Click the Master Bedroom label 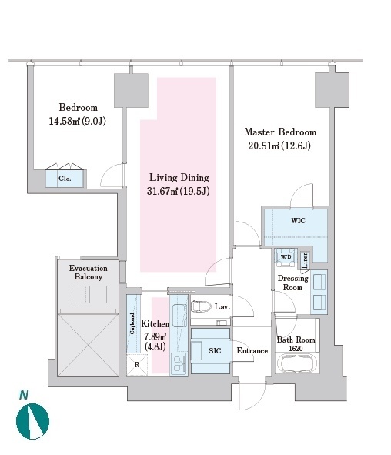pos(280,132)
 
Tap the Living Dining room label pos(179,177)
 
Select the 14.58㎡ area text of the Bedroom pos(65,121)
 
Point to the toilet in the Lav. pos(201,306)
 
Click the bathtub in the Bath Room pos(296,363)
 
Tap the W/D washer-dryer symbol pos(286,257)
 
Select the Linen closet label pos(305,260)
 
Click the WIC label pos(298,220)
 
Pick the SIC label pos(215,351)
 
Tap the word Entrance pos(252,350)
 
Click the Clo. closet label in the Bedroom pos(65,179)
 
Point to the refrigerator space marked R pos(137,365)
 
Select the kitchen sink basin pos(179,316)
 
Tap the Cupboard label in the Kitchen pos(132,323)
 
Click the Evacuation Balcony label pos(89,273)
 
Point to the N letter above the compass pos(24,395)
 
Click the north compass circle pos(32,421)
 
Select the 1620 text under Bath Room pos(296,348)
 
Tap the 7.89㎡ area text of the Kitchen pos(155,336)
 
